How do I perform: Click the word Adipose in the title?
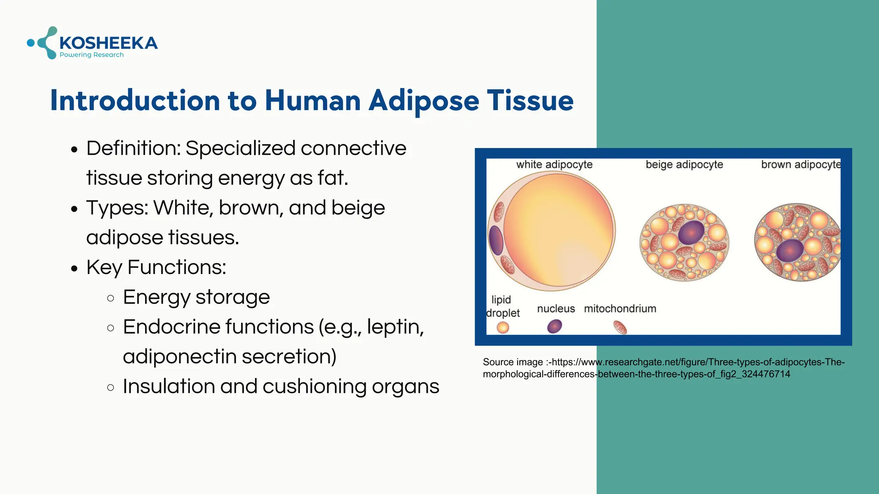tap(424, 101)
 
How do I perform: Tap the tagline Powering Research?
tap(91, 55)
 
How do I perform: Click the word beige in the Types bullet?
tap(358, 208)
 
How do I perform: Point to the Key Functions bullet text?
tap(156, 268)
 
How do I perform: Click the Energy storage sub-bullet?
tap(196, 297)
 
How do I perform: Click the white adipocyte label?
tap(554, 165)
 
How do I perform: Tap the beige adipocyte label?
tap(684, 165)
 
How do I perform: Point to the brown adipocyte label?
tap(800, 165)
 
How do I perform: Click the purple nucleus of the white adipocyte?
tap(496, 240)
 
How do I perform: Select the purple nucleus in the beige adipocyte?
tap(691, 233)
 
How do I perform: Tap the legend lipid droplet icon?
tap(503, 328)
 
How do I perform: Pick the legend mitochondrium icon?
tap(620, 328)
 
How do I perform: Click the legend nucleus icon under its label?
tap(555, 327)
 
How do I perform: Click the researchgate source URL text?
tap(663, 368)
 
